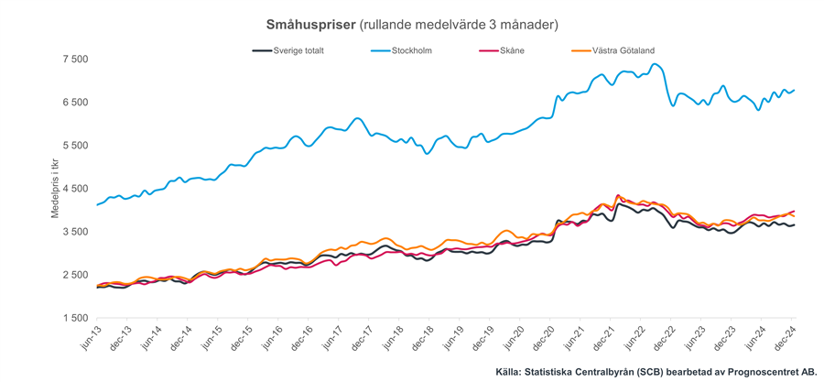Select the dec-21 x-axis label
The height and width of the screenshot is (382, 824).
(599, 339)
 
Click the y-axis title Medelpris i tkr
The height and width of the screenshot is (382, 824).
(54, 189)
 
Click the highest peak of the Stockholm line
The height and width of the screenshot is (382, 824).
(656, 64)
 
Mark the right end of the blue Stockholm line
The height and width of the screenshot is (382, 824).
(794, 90)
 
